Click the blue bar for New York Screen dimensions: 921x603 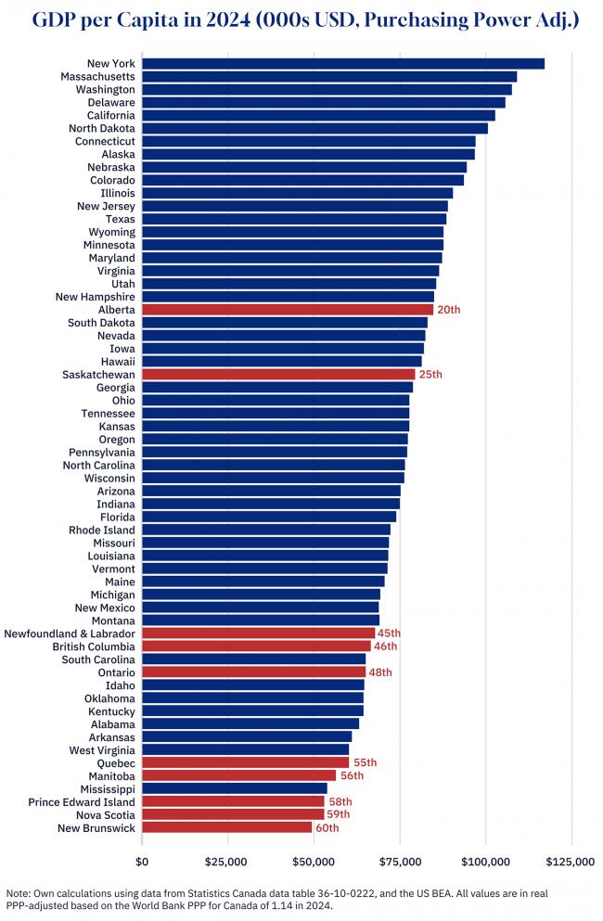(x=343, y=63)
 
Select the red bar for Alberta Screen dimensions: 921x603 (x=288, y=309)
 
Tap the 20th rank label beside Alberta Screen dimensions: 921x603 (x=448, y=309)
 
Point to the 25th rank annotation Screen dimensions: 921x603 (x=430, y=374)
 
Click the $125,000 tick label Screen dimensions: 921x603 (x=571, y=862)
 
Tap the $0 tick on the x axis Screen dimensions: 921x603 (x=142, y=862)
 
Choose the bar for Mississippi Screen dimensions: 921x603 (x=235, y=788)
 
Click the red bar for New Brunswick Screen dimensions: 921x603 (x=227, y=827)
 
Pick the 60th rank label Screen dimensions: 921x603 (x=327, y=827)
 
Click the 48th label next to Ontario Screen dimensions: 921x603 (x=380, y=672)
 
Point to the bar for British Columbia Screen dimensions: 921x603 (x=256, y=646)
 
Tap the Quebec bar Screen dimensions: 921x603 (x=246, y=762)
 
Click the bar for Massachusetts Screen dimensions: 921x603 (x=329, y=76)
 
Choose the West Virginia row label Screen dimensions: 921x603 (x=102, y=749)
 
